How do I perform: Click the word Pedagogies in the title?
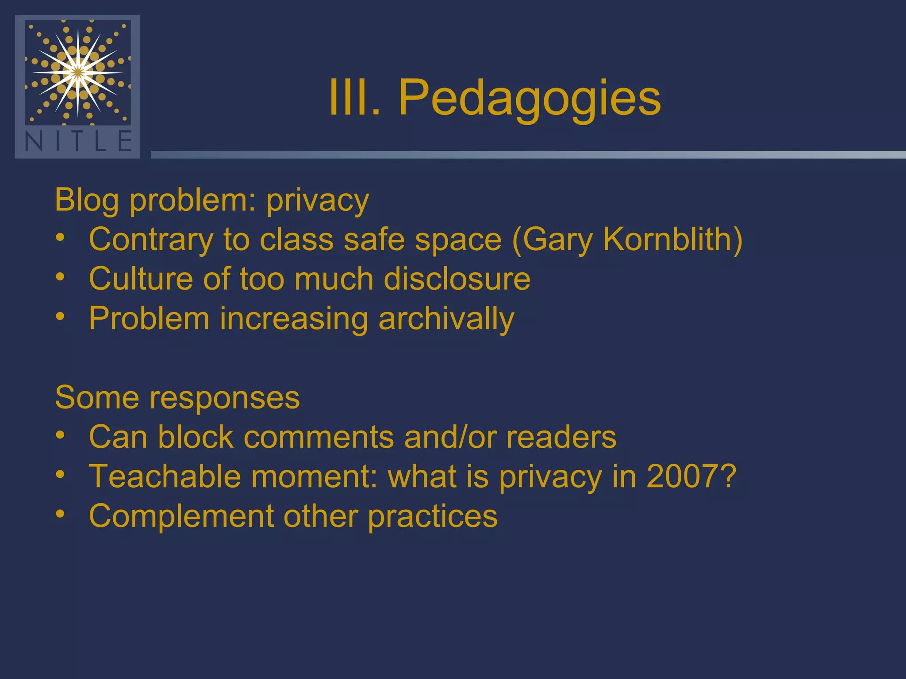point(529,98)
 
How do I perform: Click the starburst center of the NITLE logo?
point(78,72)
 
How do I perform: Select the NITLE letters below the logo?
point(78,141)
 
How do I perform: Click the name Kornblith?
point(672,240)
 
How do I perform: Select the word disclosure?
point(457,279)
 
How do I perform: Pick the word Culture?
point(141,279)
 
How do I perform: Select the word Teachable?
point(165,477)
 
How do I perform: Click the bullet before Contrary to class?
point(61,239)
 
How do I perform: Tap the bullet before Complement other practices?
point(61,515)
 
